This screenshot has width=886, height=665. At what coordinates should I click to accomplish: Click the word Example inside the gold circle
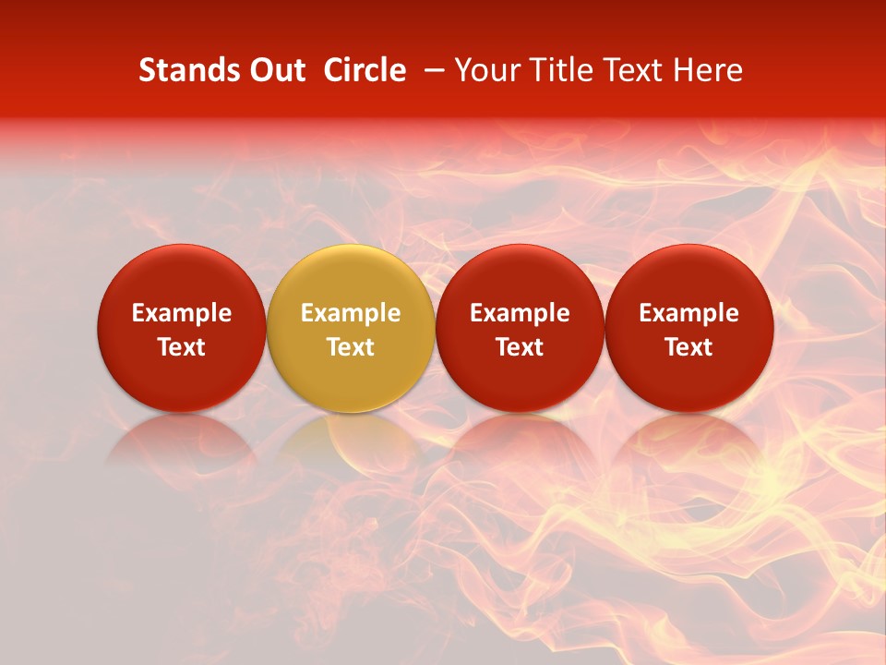tap(351, 313)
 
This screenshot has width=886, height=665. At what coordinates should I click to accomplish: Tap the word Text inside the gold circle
tap(351, 347)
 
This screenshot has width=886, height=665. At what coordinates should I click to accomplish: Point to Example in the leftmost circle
tap(181, 313)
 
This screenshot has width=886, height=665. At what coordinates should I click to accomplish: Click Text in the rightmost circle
tap(688, 347)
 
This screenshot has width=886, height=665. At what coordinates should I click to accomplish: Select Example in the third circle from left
tap(520, 313)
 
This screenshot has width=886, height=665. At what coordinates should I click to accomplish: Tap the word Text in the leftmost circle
tap(181, 347)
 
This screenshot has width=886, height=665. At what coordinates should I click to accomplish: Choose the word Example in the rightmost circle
tap(688, 313)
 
